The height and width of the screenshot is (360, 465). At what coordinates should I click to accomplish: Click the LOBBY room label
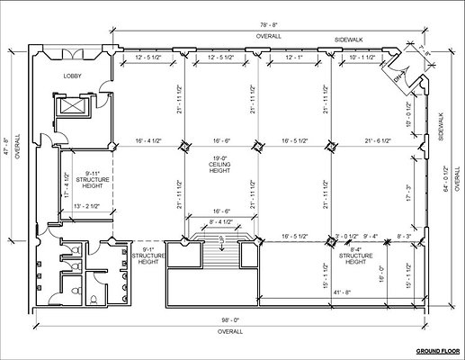click(72, 76)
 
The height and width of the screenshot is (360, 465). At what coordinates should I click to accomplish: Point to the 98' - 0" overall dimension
click(229, 320)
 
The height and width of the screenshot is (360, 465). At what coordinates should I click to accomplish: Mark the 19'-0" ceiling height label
click(220, 166)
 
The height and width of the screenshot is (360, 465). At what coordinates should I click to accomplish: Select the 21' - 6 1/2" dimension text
click(383, 141)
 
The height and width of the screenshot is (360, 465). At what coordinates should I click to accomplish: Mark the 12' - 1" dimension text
click(295, 57)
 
